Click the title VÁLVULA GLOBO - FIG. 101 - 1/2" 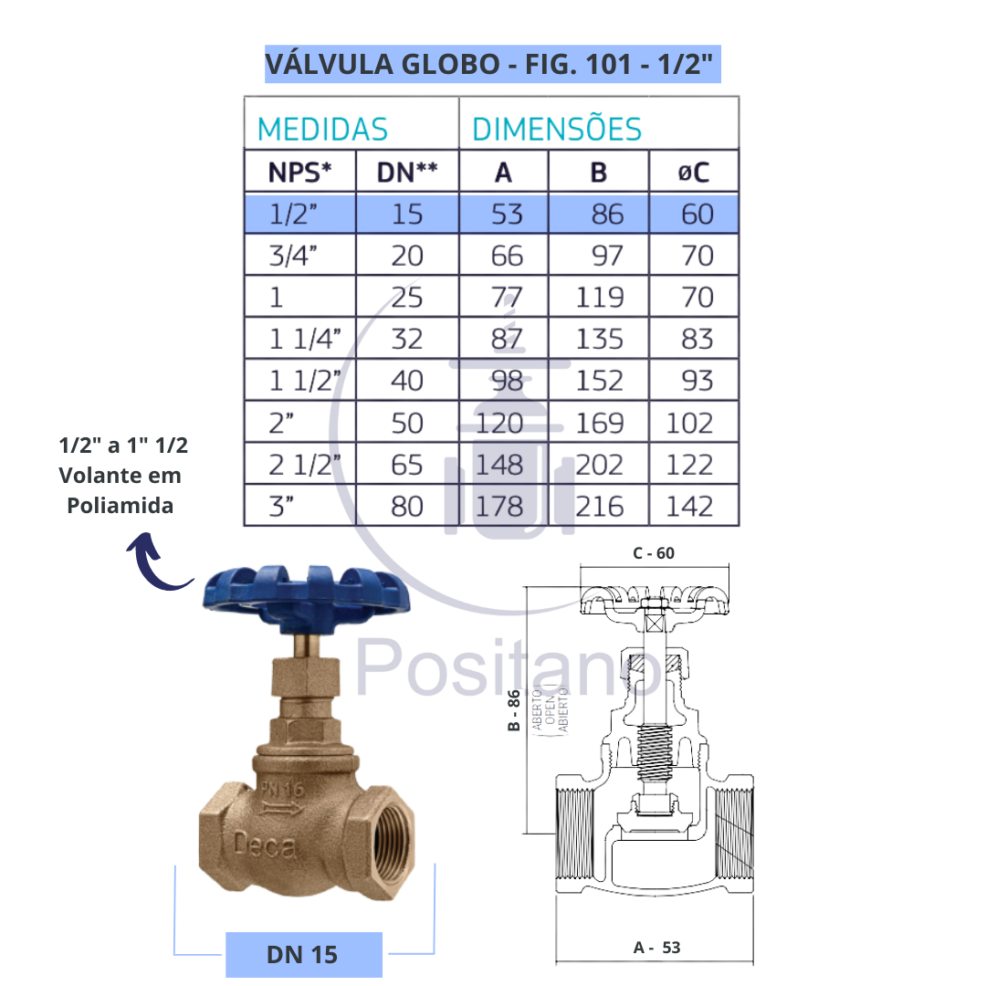click(489, 64)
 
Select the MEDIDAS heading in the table click(322, 130)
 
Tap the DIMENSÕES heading click(557, 129)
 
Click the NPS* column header click(300, 172)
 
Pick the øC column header click(694, 172)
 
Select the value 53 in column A click(507, 215)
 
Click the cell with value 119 click(600, 298)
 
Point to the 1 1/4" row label click(305, 339)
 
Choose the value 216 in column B click(600, 507)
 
